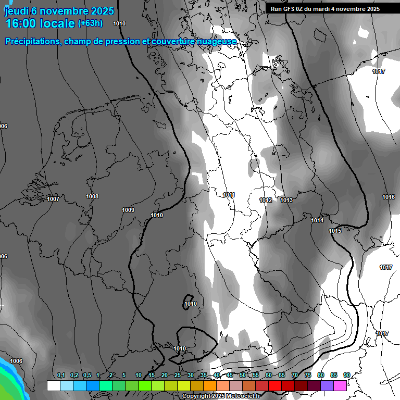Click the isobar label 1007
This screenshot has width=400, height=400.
tap(53, 199)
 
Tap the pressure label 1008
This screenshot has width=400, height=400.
tap(92, 196)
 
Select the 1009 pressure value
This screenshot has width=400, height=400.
tap(128, 210)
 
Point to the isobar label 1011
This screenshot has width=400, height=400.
tap(229, 195)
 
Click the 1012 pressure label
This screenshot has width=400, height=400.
tap(266, 200)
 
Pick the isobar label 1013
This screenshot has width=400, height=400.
tap(286, 200)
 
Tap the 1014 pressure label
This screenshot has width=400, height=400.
tap(317, 220)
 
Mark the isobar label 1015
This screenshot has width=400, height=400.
tap(335, 231)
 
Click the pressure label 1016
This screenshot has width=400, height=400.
tap(389, 197)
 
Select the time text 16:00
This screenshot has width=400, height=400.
tap(23, 23)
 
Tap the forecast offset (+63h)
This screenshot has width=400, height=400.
tap(90, 23)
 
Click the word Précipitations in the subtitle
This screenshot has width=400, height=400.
tap(31, 42)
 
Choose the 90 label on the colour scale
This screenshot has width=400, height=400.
tap(346, 376)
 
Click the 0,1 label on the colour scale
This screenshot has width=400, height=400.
tap(61, 376)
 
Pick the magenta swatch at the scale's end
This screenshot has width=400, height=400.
tap(340, 385)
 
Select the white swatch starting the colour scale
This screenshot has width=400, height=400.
tap(53, 385)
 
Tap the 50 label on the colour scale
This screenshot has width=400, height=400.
tap(243, 376)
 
